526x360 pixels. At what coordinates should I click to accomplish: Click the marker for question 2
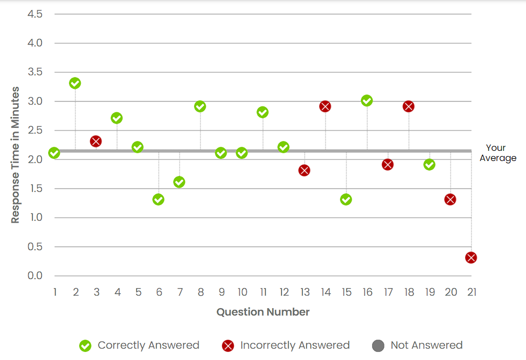tap(75, 83)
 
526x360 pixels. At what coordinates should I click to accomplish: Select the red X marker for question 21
tap(471, 258)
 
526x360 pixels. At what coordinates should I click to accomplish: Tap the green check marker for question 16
tap(367, 101)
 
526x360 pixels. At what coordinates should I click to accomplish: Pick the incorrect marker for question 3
tap(96, 141)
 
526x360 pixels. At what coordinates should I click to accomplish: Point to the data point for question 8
tap(200, 106)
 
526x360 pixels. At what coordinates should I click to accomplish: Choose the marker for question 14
tap(325, 106)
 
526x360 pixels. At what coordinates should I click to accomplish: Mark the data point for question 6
tap(158, 200)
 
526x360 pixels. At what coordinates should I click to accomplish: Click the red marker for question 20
tap(450, 200)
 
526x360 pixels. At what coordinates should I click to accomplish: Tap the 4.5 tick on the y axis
tap(35, 14)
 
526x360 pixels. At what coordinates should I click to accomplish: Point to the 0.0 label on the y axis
tap(35, 276)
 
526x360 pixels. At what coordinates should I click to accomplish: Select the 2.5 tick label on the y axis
tap(35, 130)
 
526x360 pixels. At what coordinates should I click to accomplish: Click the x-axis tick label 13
tap(305, 292)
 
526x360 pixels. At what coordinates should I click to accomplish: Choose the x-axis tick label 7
tap(180, 292)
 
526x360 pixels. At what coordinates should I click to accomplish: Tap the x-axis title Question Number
tap(263, 312)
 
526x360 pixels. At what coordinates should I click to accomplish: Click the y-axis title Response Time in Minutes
tap(16, 155)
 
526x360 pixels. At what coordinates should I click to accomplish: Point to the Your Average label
tap(497, 153)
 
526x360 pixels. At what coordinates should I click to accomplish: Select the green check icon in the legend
tap(85, 346)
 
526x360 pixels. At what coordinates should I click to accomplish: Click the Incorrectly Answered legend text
tap(295, 345)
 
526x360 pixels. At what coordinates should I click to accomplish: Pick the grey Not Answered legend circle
tap(378, 346)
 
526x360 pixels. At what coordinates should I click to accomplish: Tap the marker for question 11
tap(262, 112)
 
